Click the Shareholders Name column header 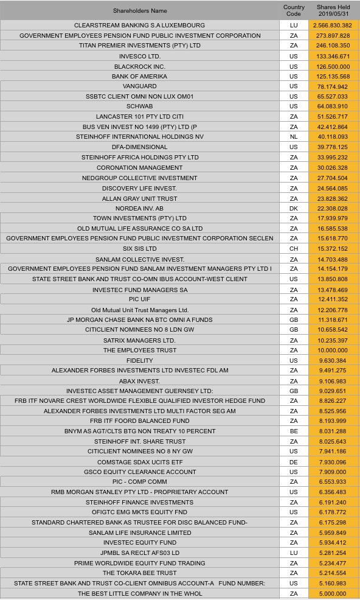pyautogui.click(x=140, y=10)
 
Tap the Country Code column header pyautogui.click(x=294, y=10)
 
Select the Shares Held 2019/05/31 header pyautogui.click(x=333, y=10)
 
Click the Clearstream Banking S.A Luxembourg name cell pyautogui.click(x=140, y=26)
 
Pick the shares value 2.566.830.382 pyautogui.click(x=333, y=26)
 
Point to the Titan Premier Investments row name pyautogui.click(x=140, y=46)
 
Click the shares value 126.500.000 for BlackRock pyautogui.click(x=333, y=66)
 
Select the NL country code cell pyautogui.click(x=294, y=137)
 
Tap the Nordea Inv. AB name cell pyautogui.click(x=140, y=208)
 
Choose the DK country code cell pyautogui.click(x=294, y=208)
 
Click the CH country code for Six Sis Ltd pyautogui.click(x=294, y=248)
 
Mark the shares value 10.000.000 pyautogui.click(x=333, y=350)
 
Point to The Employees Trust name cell pyautogui.click(x=140, y=350)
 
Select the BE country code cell pyautogui.click(x=294, y=431)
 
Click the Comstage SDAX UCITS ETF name pyautogui.click(x=140, y=461)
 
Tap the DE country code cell pyautogui.click(x=294, y=461)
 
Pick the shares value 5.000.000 pyautogui.click(x=333, y=593)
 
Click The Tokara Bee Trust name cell pyautogui.click(x=140, y=573)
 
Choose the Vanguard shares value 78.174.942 pyautogui.click(x=333, y=86)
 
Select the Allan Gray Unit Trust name pyautogui.click(x=140, y=198)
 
